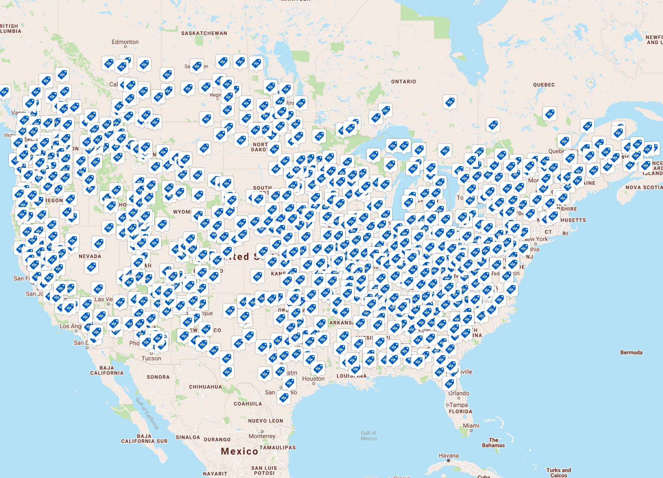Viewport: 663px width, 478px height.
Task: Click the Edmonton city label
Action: [x=125, y=42]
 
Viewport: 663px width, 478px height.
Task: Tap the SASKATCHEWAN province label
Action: [x=204, y=33]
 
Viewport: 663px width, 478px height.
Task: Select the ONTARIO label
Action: [x=403, y=82]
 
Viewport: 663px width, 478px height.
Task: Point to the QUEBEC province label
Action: [x=543, y=85]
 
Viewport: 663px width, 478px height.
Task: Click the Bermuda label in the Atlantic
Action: [x=631, y=352]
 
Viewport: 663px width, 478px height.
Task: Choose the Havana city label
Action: [x=448, y=456]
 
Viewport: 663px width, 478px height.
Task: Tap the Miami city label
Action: [x=471, y=426]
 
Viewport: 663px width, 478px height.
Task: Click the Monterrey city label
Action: [x=262, y=436]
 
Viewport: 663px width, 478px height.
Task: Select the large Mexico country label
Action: [x=239, y=451]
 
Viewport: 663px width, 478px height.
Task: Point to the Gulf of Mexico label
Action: [x=368, y=436]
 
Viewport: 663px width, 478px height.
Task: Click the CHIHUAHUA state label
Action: [x=205, y=387]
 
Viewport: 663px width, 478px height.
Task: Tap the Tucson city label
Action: [x=151, y=358]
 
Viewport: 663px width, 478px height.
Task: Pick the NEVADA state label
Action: [x=90, y=257]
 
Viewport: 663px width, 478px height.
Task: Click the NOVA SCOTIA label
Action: [x=643, y=188]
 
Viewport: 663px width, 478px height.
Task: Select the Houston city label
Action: [x=313, y=379]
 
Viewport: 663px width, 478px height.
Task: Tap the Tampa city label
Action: [x=459, y=405]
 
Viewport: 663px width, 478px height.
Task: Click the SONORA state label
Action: [x=158, y=377]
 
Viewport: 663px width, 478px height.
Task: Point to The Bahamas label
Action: [x=493, y=443]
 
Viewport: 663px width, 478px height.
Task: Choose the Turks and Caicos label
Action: [x=559, y=473]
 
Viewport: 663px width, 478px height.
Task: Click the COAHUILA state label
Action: [x=248, y=404]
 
